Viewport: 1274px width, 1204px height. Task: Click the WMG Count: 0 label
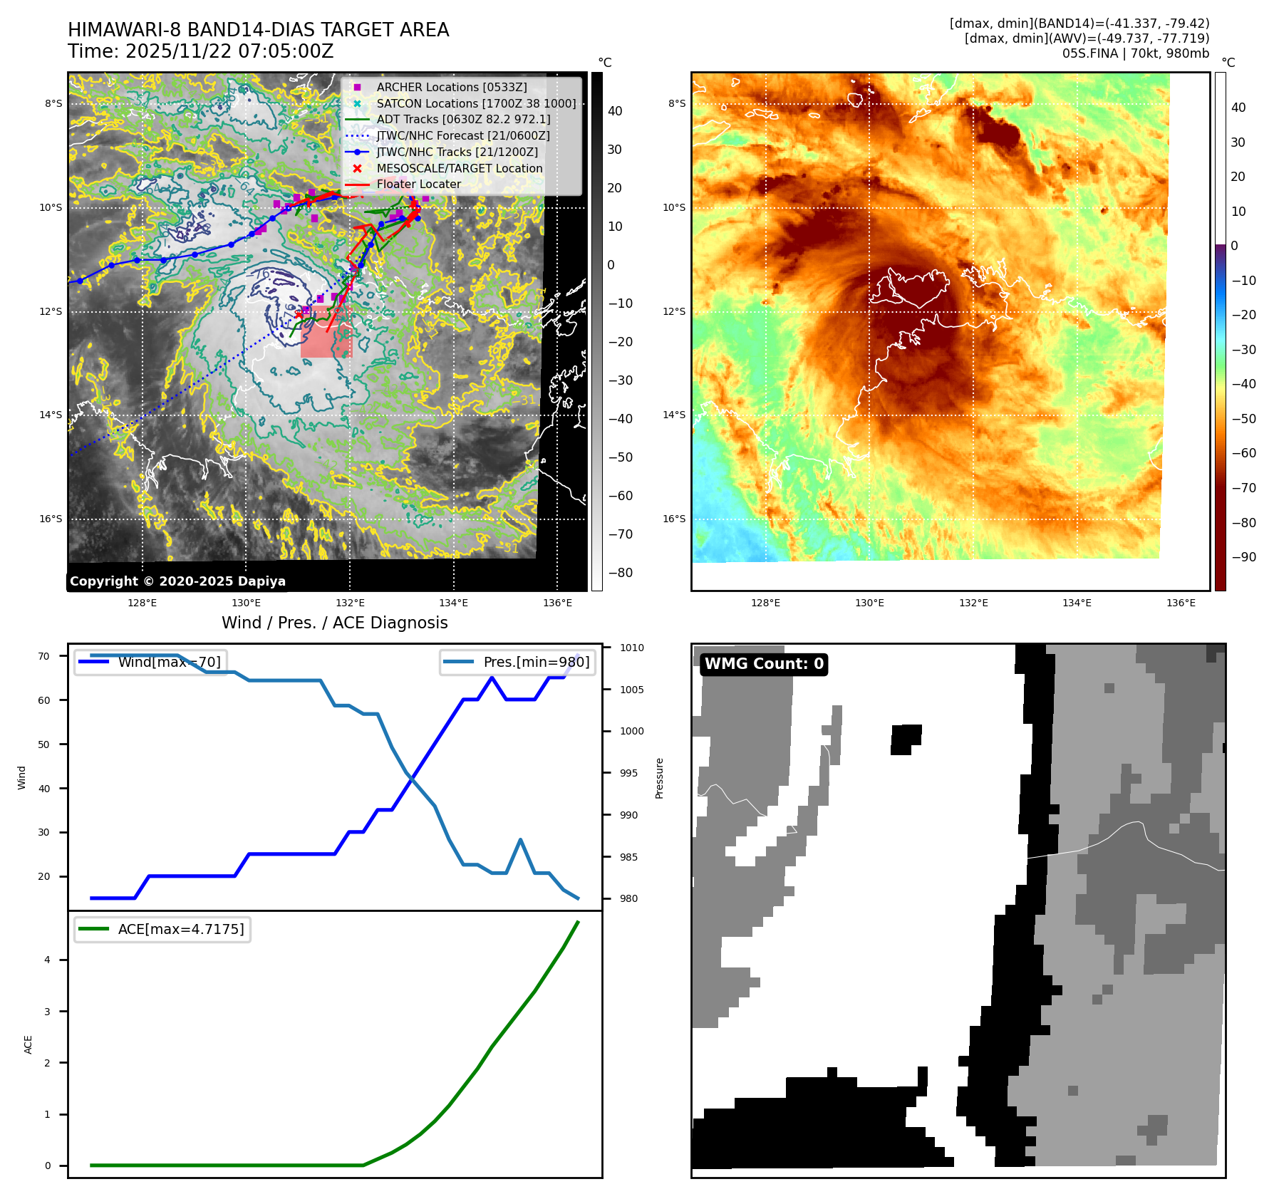click(764, 664)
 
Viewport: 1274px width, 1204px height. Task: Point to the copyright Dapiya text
click(177, 581)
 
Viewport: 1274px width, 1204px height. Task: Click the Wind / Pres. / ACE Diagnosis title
click(335, 623)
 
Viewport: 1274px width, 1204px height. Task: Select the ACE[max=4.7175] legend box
click(163, 929)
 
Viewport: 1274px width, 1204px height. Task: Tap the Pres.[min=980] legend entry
click(518, 662)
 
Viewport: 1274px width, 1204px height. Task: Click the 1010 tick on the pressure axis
click(631, 648)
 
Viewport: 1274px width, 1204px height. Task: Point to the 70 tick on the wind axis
click(44, 656)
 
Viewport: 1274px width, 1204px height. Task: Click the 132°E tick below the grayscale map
click(350, 603)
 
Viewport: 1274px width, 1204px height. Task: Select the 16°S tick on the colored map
click(674, 519)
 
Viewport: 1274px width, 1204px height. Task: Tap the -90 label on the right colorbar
click(1243, 557)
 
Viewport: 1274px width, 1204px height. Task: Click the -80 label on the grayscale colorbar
click(620, 573)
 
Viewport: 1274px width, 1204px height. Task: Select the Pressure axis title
click(659, 778)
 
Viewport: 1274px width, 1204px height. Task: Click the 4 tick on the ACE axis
click(47, 960)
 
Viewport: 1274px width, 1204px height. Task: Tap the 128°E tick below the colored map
click(765, 603)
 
